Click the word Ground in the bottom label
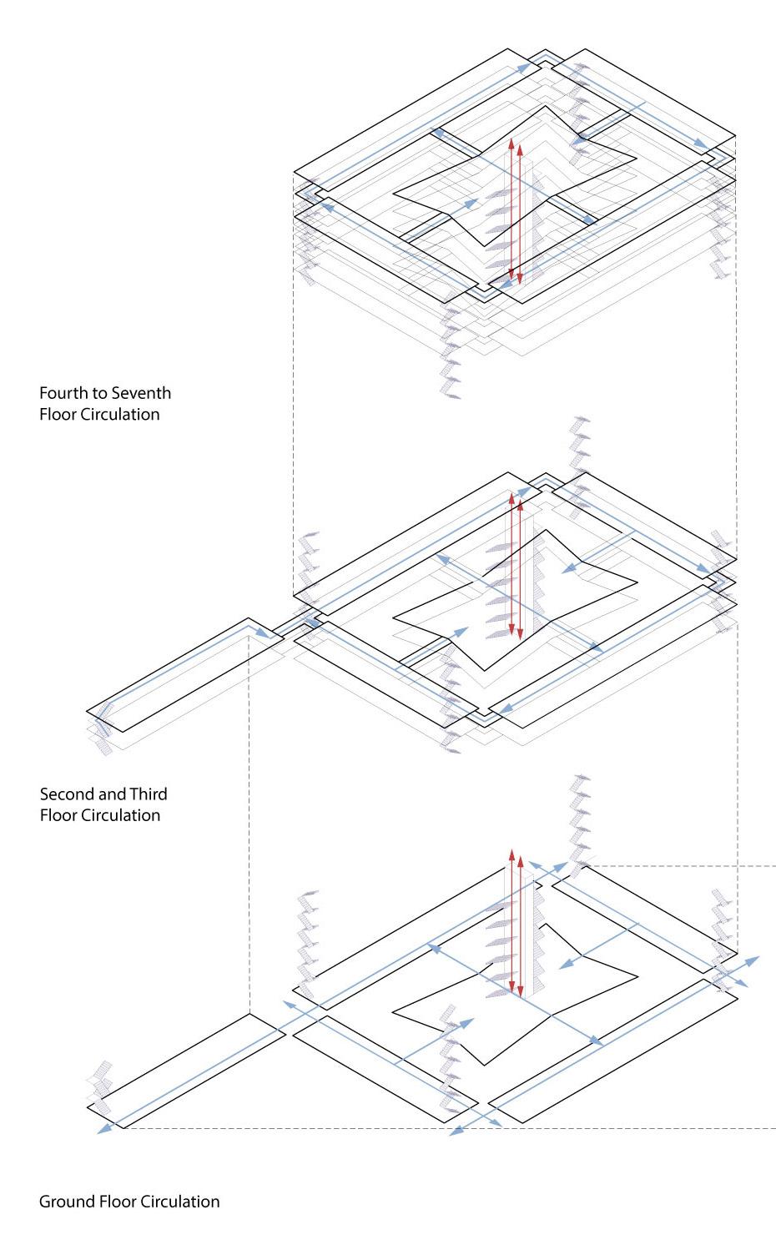click(x=64, y=1202)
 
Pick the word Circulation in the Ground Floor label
click(x=179, y=1202)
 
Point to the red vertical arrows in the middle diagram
click(x=516, y=567)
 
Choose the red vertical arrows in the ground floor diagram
click(x=516, y=926)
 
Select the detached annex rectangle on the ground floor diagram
click(x=186, y=1071)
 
